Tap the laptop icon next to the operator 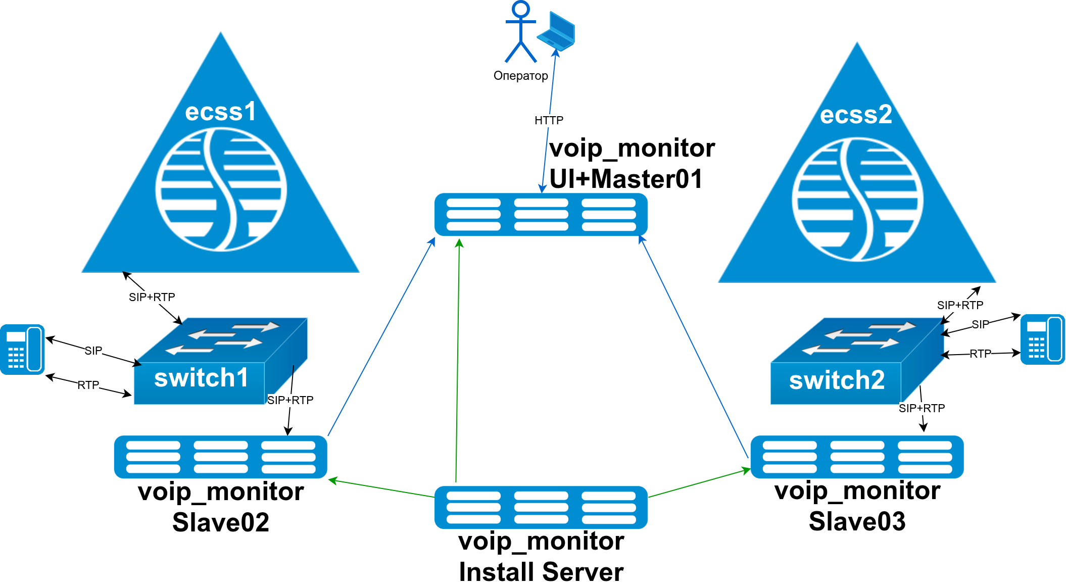[556, 31]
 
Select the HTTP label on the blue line [549, 120]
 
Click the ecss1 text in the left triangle [221, 112]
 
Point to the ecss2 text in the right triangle [856, 115]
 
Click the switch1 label [201, 378]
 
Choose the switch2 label [837, 380]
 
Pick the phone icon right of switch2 [1042, 339]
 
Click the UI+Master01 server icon [541, 215]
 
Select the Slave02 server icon [221, 457]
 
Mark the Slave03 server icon [857, 457]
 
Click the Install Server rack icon [541, 507]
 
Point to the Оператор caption [520, 76]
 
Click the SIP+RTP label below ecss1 [152, 297]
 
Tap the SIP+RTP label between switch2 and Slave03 [922, 408]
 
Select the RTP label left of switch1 [88, 385]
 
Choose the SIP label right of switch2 [980, 324]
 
